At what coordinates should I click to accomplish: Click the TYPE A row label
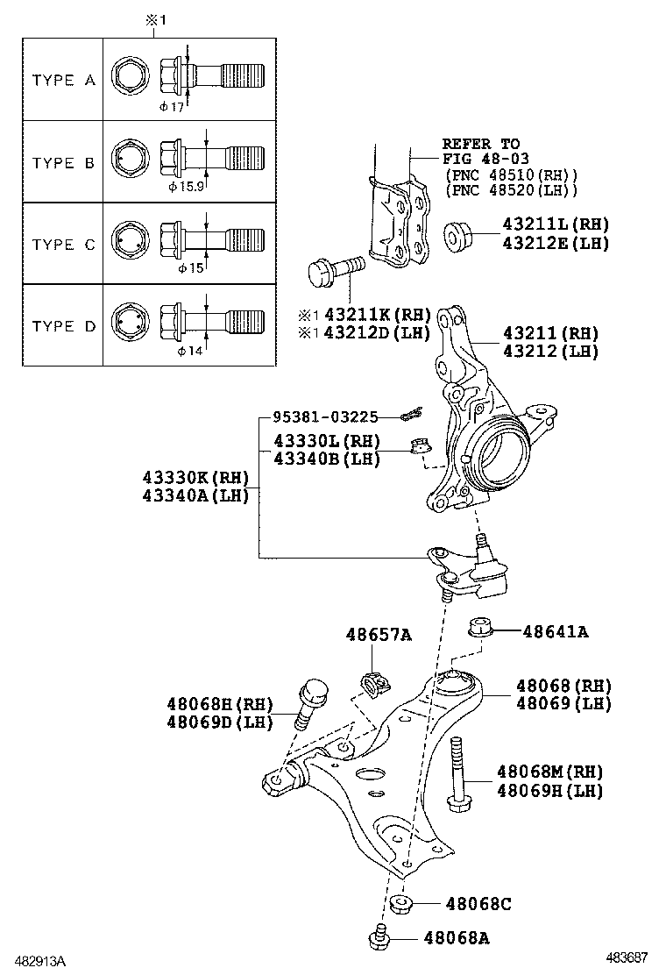(x=63, y=80)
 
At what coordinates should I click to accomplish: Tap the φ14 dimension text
(x=190, y=351)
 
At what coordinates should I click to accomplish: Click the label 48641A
(x=555, y=630)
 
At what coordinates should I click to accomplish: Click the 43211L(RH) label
(x=555, y=224)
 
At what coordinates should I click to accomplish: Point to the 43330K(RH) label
(x=195, y=478)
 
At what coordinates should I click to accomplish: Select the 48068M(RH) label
(x=549, y=772)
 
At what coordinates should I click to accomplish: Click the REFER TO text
(x=480, y=143)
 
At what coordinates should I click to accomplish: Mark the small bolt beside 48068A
(x=379, y=937)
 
